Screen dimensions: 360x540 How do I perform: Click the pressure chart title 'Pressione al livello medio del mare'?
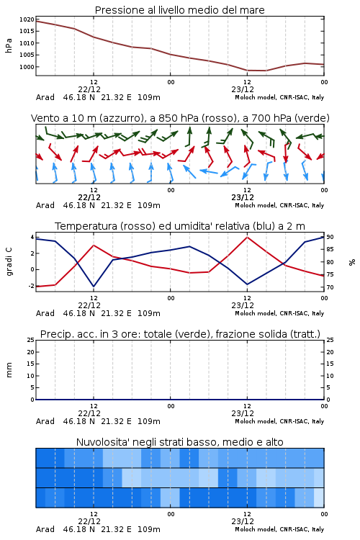pyautogui.click(x=179, y=10)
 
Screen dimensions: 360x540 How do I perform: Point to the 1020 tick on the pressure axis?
pyautogui.click(x=27, y=19)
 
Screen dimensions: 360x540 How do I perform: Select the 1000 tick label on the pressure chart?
pyautogui.click(x=27, y=67)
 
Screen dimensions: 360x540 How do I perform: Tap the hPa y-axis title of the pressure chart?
pyautogui.click(x=9, y=45)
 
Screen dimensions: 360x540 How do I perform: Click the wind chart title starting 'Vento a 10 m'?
pyautogui.click(x=180, y=118)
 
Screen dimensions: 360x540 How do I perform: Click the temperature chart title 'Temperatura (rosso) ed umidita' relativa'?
pyautogui.click(x=180, y=226)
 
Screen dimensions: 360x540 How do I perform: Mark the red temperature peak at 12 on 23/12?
pyautogui.click(x=247, y=237)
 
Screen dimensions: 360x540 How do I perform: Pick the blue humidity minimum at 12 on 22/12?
pyautogui.click(x=94, y=287)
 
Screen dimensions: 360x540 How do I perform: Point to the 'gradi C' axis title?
pyautogui.click(x=9, y=262)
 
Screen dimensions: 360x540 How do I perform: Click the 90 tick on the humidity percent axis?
pyautogui.click(x=330, y=237)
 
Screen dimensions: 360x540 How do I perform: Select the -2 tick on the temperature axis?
pyautogui.click(x=32, y=286)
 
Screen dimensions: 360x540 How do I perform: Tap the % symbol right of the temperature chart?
pyautogui.click(x=352, y=262)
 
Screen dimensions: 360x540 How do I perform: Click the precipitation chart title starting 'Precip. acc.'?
pyautogui.click(x=180, y=334)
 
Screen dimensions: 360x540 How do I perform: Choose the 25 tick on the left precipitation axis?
pyautogui.click(x=31, y=340)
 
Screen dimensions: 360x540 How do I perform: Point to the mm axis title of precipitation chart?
pyautogui.click(x=9, y=370)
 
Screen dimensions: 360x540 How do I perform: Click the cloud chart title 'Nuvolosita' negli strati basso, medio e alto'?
pyautogui.click(x=179, y=442)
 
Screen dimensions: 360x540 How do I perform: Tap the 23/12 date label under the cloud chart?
pyautogui.click(x=243, y=521)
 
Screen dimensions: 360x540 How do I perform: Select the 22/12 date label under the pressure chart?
pyautogui.click(x=89, y=89)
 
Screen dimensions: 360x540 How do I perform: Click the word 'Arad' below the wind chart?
pyautogui.click(x=45, y=205)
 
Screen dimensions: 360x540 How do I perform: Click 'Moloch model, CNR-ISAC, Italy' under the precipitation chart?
pyautogui.click(x=279, y=421)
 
